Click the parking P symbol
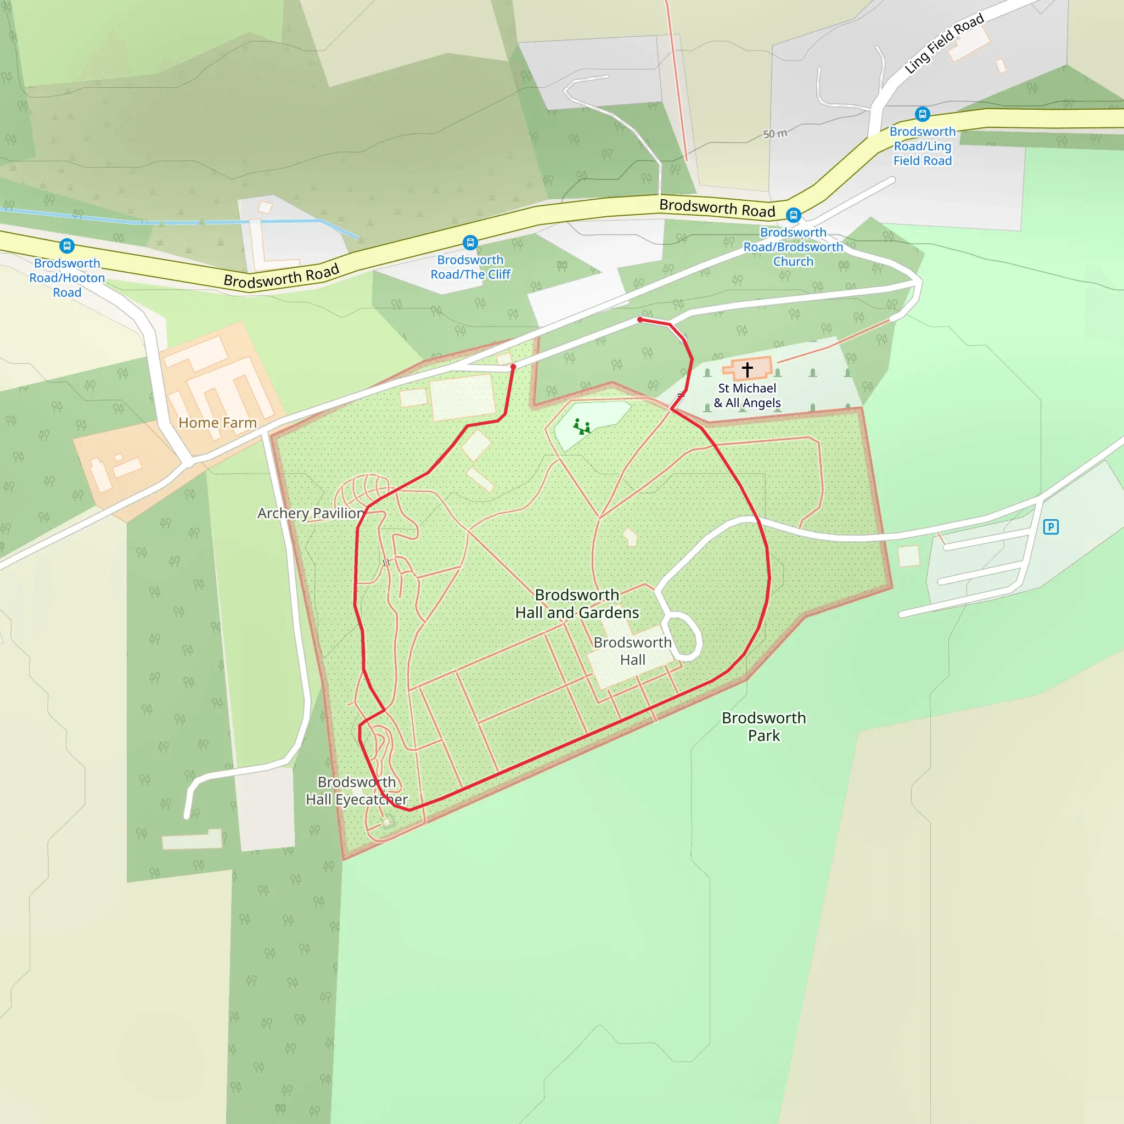click(x=1050, y=527)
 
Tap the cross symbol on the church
click(x=748, y=369)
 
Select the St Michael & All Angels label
click(x=747, y=396)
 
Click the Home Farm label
click(x=217, y=423)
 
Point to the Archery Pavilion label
click(x=311, y=513)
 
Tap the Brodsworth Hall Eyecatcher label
click(x=357, y=791)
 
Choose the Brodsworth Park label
click(x=764, y=727)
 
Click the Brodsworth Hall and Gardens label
click(x=577, y=604)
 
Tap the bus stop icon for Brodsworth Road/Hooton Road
click(x=67, y=245)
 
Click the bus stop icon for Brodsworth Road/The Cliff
click(x=470, y=242)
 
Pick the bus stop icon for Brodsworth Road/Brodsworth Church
click(x=794, y=215)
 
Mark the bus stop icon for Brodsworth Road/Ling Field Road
click(x=922, y=114)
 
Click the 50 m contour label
click(x=775, y=134)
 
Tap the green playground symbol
click(x=581, y=427)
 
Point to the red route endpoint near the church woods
click(x=640, y=319)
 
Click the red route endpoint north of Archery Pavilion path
click(x=513, y=367)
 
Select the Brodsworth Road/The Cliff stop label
click(x=470, y=267)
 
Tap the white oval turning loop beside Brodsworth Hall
click(x=684, y=637)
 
